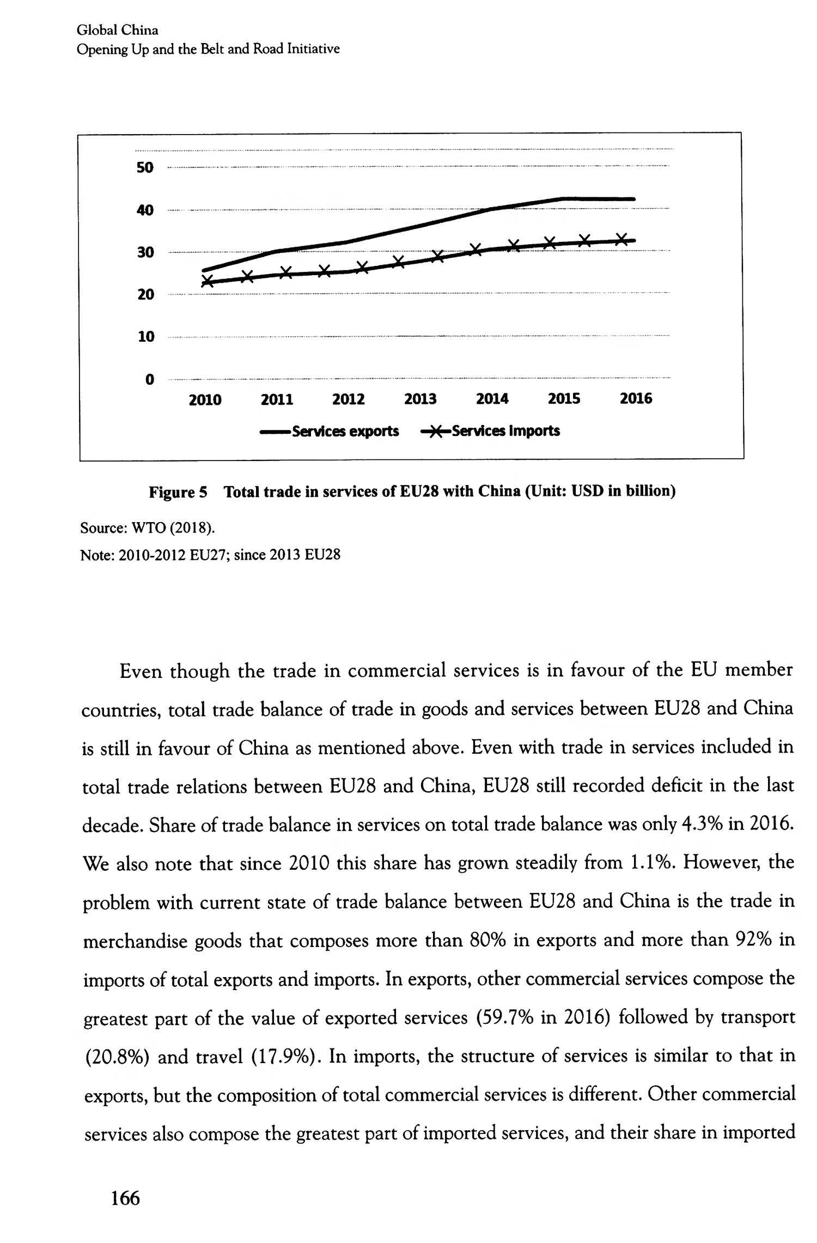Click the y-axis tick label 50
tap(145, 167)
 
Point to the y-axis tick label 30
tap(145, 252)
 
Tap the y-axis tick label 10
tap(145, 337)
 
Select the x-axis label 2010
tap(205, 400)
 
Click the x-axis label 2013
tap(420, 399)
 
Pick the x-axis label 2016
tap(636, 399)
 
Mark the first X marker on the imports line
tap(208, 281)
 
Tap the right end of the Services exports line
tap(633, 199)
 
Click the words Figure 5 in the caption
tap(178, 493)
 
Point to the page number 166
tap(125, 1198)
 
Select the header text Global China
tap(117, 30)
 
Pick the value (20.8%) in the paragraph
tap(116, 1057)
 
